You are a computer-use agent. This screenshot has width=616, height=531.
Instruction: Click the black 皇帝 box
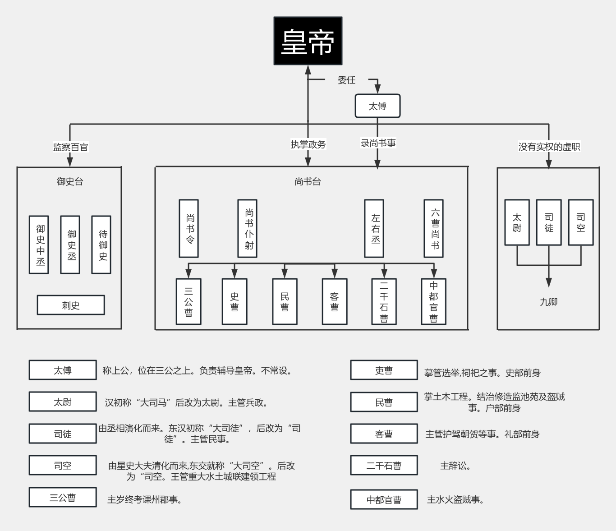point(308,41)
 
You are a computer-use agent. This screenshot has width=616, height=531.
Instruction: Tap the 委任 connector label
point(346,80)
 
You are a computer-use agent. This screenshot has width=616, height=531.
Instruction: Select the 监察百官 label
point(70,147)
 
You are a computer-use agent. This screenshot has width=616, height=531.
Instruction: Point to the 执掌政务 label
point(308,144)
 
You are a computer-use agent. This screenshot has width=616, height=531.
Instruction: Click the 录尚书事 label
point(378,143)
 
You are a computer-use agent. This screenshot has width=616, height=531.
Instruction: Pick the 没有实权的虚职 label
point(549,147)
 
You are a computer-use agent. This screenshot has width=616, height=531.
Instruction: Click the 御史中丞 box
point(39,245)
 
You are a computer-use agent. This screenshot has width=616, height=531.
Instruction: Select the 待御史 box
point(101,245)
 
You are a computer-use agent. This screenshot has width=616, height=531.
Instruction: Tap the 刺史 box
point(71,305)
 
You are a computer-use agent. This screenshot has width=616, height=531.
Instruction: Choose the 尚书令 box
point(188,228)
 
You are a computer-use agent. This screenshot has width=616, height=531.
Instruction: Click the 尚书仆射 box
point(248,228)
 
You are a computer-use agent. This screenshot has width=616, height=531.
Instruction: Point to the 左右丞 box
point(374,228)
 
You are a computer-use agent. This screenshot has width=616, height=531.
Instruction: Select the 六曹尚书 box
point(434,228)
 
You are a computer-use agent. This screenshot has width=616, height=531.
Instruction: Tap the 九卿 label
point(549,302)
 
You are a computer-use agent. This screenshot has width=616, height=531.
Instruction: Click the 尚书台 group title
point(308,181)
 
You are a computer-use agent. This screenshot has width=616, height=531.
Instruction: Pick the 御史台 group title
point(70,181)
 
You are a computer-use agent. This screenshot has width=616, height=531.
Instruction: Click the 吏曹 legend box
point(384,370)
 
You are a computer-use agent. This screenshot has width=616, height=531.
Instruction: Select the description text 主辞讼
point(455,466)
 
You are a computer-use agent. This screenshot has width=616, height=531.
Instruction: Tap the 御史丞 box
point(70,245)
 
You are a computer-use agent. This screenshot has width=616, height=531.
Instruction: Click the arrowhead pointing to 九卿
point(549,282)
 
